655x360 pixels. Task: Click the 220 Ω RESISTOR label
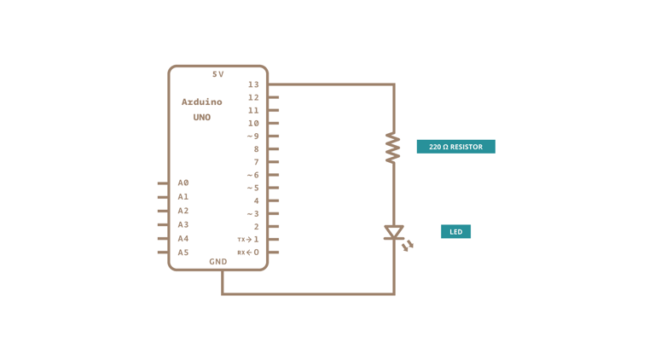(x=455, y=147)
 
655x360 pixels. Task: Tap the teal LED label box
(x=455, y=231)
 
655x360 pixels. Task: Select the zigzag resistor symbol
(x=392, y=147)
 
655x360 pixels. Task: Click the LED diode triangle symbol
(x=393, y=232)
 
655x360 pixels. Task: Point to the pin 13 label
(x=253, y=84)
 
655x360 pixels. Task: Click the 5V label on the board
(x=218, y=74)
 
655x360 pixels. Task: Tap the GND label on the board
(x=218, y=262)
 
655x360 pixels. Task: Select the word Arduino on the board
(x=201, y=102)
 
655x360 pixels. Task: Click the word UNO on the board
(x=201, y=117)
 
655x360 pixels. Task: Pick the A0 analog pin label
(x=183, y=183)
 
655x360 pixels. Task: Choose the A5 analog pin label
(x=183, y=253)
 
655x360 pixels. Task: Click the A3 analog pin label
(x=183, y=224)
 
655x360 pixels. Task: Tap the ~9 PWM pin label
(x=253, y=136)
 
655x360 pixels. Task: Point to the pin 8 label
(x=256, y=149)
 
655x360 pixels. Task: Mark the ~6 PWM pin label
(x=253, y=175)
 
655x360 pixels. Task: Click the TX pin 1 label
(x=248, y=240)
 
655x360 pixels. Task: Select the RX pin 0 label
(x=248, y=253)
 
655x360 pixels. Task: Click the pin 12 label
(x=253, y=97)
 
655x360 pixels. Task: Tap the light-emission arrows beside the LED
(x=408, y=246)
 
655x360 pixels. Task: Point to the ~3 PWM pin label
(x=253, y=214)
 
